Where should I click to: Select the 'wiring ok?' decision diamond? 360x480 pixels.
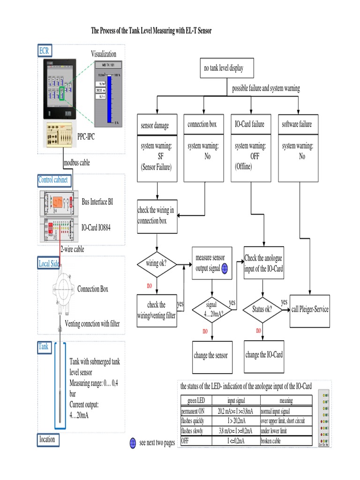tap(157, 263)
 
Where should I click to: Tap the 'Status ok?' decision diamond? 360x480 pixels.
tap(261, 310)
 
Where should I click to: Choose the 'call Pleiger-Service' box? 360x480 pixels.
tap(310, 309)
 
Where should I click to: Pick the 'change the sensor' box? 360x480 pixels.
tap(211, 355)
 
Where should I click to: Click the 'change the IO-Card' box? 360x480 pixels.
tap(264, 355)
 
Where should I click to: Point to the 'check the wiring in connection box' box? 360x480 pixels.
tap(157, 216)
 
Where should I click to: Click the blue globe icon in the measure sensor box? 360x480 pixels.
tap(224, 268)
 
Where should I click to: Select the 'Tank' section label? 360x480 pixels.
tap(43, 347)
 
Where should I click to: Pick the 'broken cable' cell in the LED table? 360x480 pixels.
tap(285, 441)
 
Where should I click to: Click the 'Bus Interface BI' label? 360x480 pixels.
tap(97, 202)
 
